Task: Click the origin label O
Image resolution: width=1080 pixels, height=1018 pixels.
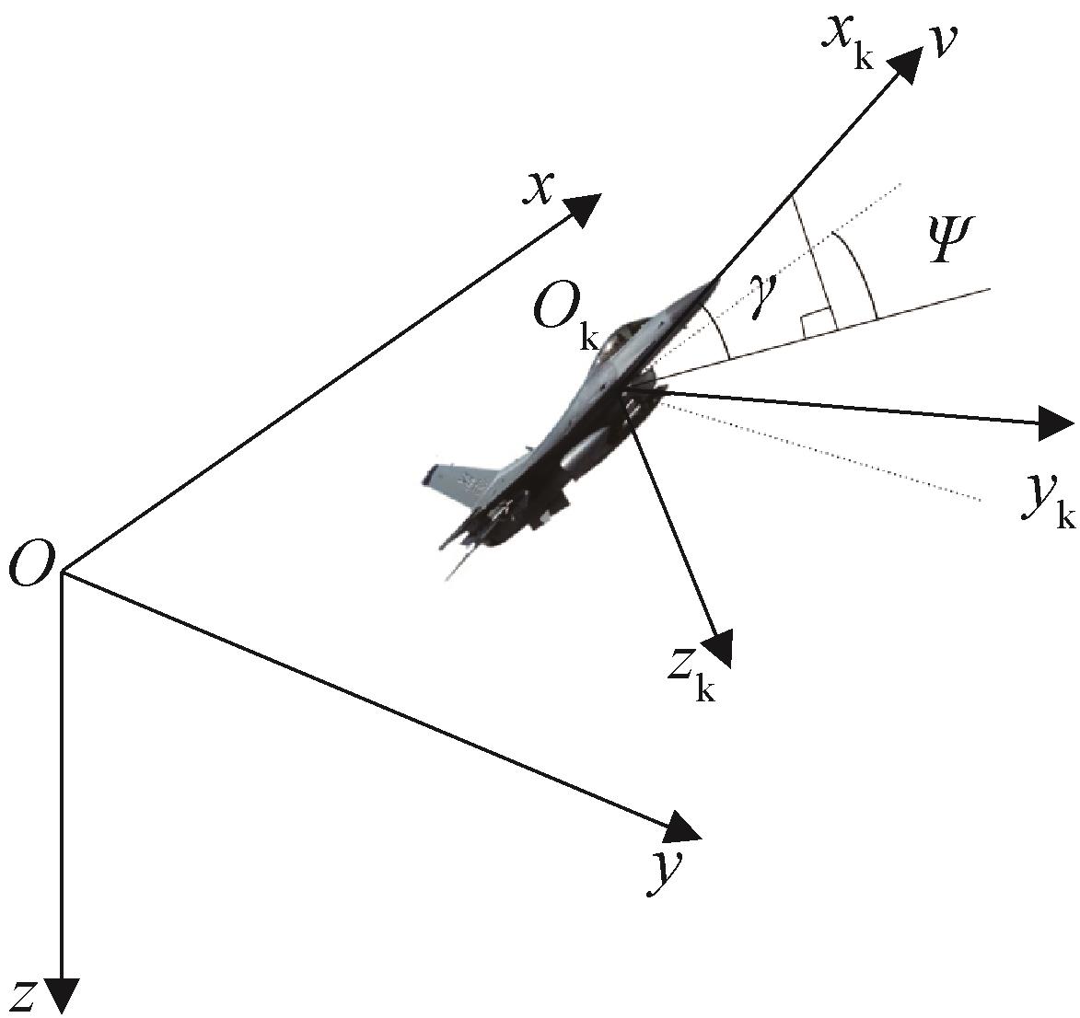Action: [31, 561]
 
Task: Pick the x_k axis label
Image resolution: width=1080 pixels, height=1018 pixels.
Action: [846, 42]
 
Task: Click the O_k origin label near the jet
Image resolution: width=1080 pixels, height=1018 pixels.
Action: [565, 318]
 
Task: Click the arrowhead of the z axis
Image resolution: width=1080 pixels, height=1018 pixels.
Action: [62, 996]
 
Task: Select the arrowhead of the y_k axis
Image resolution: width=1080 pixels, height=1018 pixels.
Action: [1055, 422]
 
